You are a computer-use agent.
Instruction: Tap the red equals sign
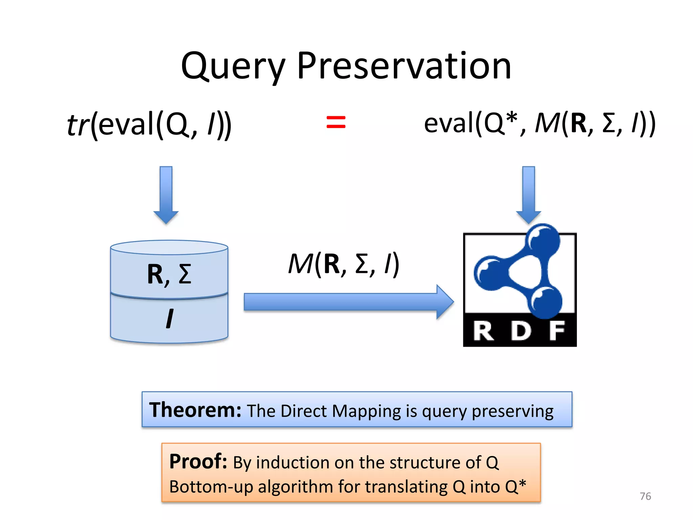(336, 122)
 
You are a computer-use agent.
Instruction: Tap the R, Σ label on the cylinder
(169, 274)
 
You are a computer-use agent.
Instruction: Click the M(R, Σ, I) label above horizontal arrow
(343, 264)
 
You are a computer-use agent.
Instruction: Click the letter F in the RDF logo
(557, 331)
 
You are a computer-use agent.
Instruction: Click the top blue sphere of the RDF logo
(543, 239)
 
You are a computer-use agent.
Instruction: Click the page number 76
(645, 496)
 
